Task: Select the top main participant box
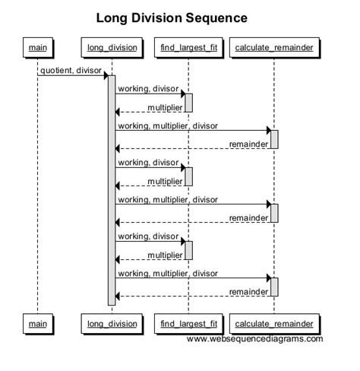coord(37,49)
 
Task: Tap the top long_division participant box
coord(112,49)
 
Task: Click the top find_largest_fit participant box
coord(188,49)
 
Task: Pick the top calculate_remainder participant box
coord(273,49)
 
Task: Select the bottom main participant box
coord(37,325)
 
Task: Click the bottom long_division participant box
coord(112,325)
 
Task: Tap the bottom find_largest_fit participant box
coord(188,325)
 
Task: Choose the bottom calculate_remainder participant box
coord(273,325)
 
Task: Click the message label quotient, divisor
coord(71,70)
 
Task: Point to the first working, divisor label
coord(148,89)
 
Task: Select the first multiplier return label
coord(165,108)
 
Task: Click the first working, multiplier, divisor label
coord(167,125)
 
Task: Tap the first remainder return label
coord(248,144)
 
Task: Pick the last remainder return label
coord(248,292)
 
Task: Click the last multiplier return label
coord(165,255)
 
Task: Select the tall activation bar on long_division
coord(112,190)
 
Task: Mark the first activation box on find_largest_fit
coord(188,103)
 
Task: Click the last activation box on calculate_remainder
coord(274,287)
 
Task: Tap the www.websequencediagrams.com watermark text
coord(254,339)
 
